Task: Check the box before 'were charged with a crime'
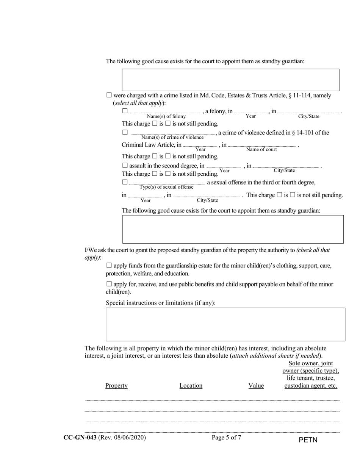tap(109, 96)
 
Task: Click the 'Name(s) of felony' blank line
tap(165, 112)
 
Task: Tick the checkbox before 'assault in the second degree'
tap(125, 166)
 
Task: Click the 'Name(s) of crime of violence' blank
tap(173, 133)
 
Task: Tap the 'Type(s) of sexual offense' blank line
tap(167, 183)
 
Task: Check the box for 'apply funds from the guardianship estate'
tap(109, 266)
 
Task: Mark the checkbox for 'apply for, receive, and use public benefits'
tap(109, 284)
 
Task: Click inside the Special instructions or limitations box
tap(225, 324)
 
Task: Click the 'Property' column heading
tap(116, 386)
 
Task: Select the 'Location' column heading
tap(191, 386)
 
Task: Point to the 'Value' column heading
tap(256, 386)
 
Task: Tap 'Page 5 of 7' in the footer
tap(227, 438)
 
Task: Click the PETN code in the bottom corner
tap(308, 440)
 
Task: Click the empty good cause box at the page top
tap(230, 80)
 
